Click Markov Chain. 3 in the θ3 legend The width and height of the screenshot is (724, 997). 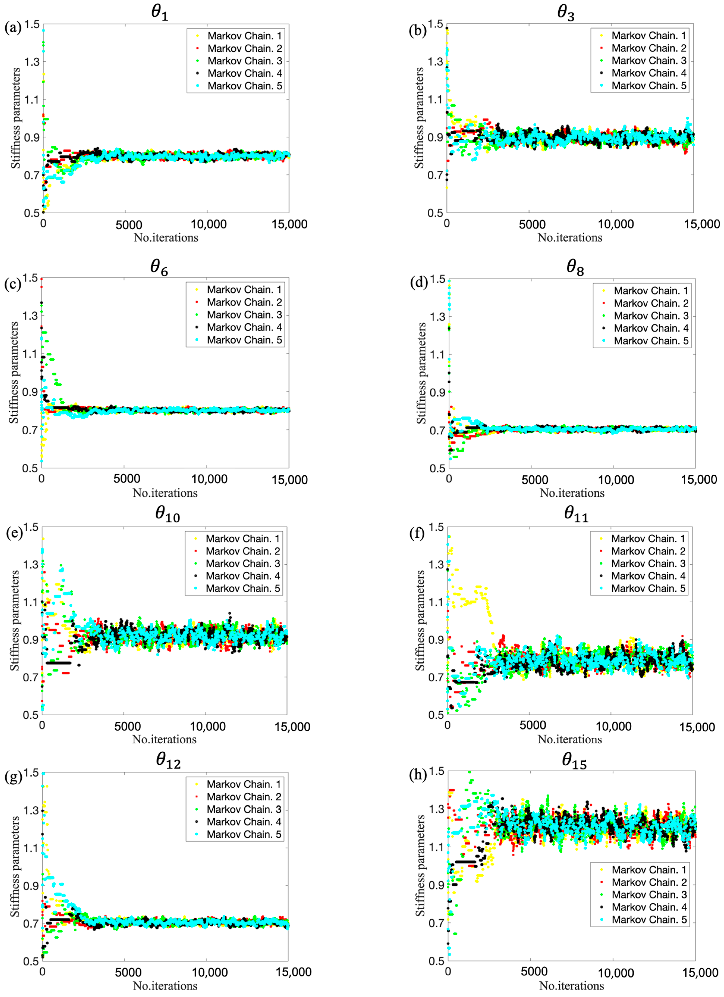pyautogui.click(x=649, y=61)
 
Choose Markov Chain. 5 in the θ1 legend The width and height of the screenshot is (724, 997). pyautogui.click(x=245, y=86)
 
